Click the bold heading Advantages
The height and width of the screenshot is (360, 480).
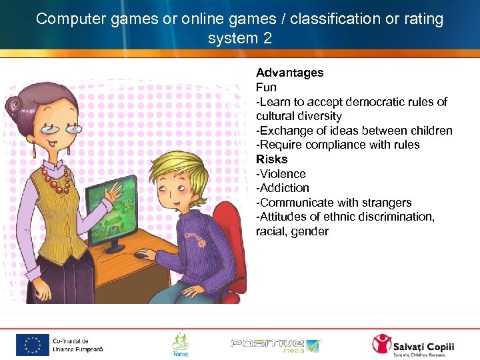tap(289, 73)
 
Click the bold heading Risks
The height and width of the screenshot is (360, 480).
tap(271, 159)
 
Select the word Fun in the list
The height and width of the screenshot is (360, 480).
tap(266, 87)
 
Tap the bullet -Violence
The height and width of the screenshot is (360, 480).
tap(281, 174)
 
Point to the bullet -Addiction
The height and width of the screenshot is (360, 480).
tap(283, 188)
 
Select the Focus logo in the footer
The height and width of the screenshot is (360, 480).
tap(180, 344)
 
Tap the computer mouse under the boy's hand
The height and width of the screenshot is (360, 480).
tap(141, 254)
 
